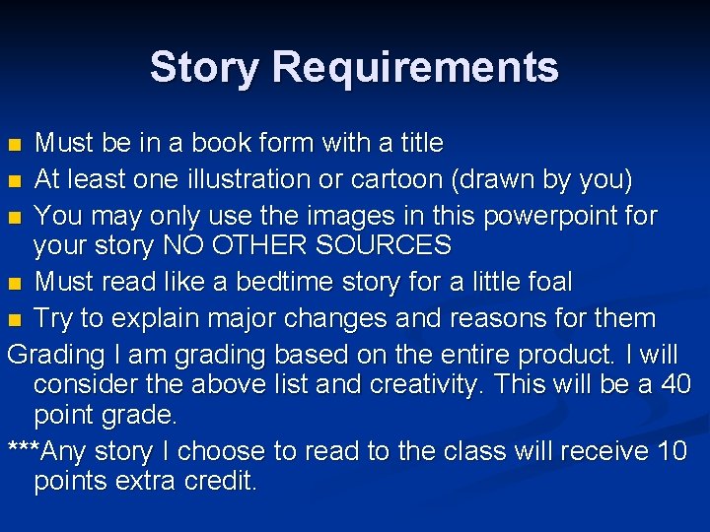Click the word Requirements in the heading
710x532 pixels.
[x=415, y=67]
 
